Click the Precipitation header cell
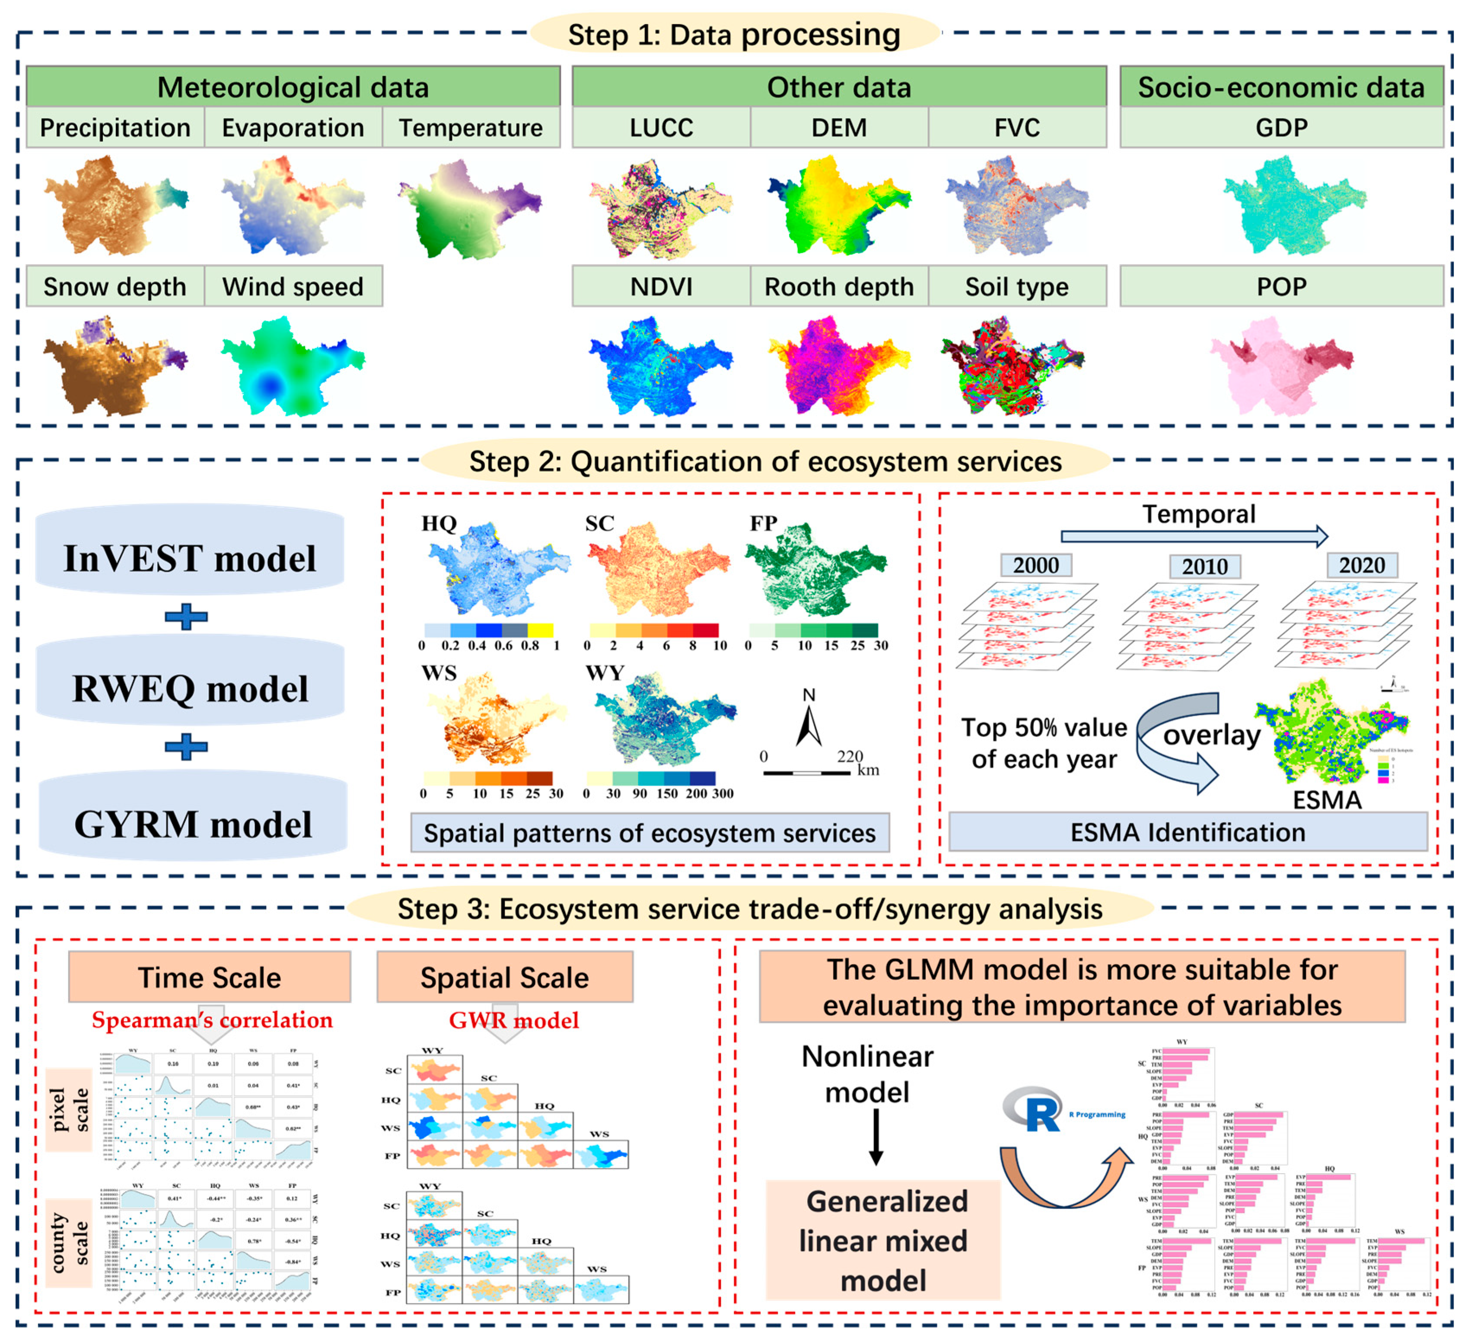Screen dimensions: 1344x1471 point(115,127)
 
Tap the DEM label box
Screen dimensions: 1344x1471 point(839,127)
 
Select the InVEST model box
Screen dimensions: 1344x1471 point(190,558)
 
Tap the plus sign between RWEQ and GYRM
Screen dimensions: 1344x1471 point(187,747)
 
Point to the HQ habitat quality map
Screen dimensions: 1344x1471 point(496,569)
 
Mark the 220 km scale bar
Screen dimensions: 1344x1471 point(806,772)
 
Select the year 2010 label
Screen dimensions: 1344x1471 point(1205,566)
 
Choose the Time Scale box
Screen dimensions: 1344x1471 point(210,977)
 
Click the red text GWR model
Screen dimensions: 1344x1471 point(514,1020)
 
